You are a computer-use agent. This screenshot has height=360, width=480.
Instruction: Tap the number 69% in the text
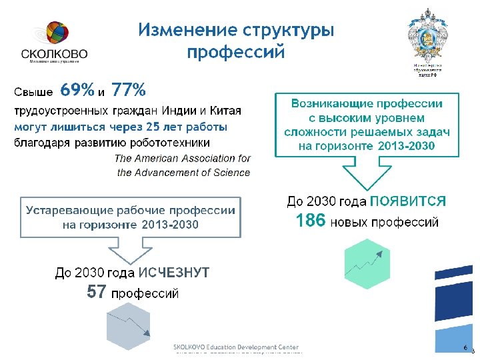pyautogui.click(x=77, y=89)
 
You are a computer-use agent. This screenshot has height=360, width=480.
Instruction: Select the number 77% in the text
pyautogui.click(x=129, y=89)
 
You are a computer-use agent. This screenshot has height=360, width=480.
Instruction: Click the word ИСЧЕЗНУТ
pyautogui.click(x=174, y=273)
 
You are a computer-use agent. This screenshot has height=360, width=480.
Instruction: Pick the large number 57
pyautogui.click(x=97, y=292)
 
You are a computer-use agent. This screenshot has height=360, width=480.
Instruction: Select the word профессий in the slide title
pyautogui.click(x=235, y=52)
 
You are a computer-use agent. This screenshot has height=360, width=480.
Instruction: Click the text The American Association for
pyautogui.click(x=183, y=159)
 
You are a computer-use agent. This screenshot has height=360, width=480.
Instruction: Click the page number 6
pyautogui.click(x=465, y=349)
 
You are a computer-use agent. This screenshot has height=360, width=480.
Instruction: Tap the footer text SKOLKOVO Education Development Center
pyautogui.click(x=237, y=348)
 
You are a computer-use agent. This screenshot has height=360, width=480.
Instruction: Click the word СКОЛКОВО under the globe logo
pyautogui.click(x=54, y=55)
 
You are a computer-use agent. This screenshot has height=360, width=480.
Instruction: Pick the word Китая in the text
pyautogui.click(x=226, y=110)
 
